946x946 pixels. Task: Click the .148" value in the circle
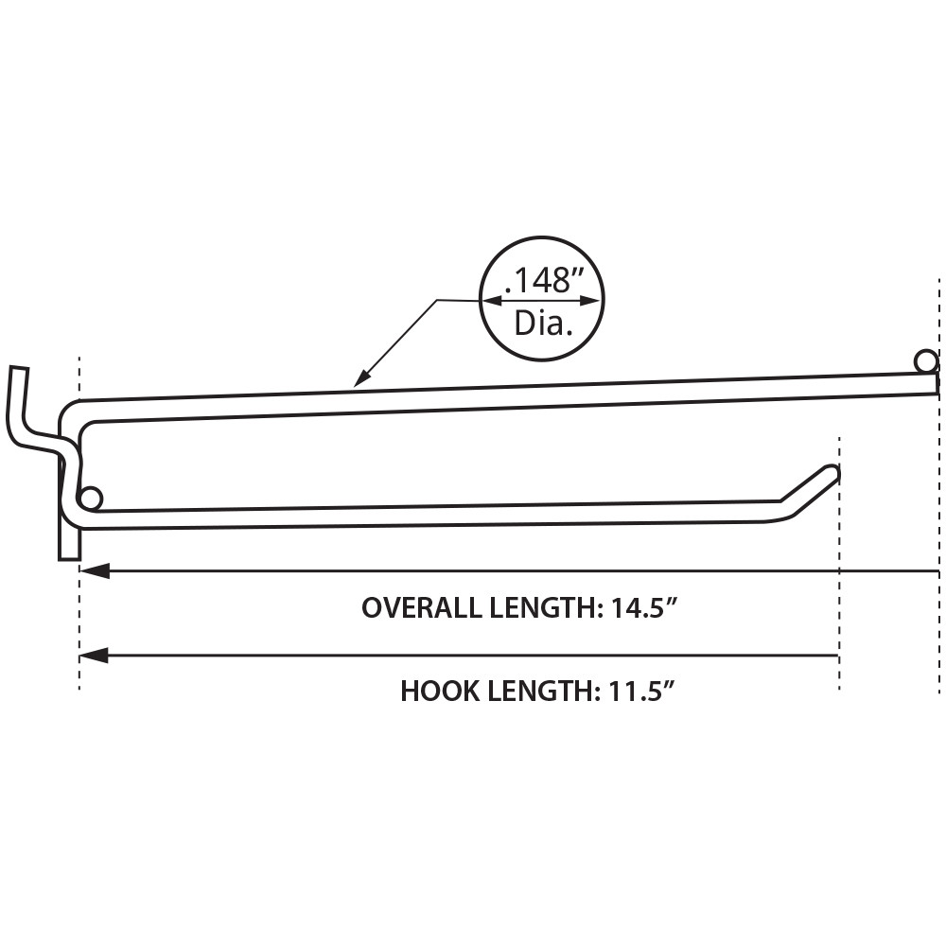pyautogui.click(x=541, y=280)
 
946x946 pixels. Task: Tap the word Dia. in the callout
pyautogui.click(x=544, y=324)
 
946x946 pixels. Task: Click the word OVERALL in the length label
pyautogui.click(x=417, y=607)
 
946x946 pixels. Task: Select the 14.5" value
pyautogui.click(x=644, y=607)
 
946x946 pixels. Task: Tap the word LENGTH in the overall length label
pyautogui.click(x=541, y=607)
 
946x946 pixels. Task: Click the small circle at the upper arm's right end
pyautogui.click(x=925, y=360)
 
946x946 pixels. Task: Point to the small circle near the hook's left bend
pyautogui.click(x=91, y=498)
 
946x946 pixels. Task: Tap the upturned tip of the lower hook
pyautogui.click(x=831, y=472)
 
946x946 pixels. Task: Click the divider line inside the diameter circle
pyautogui.click(x=541, y=302)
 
